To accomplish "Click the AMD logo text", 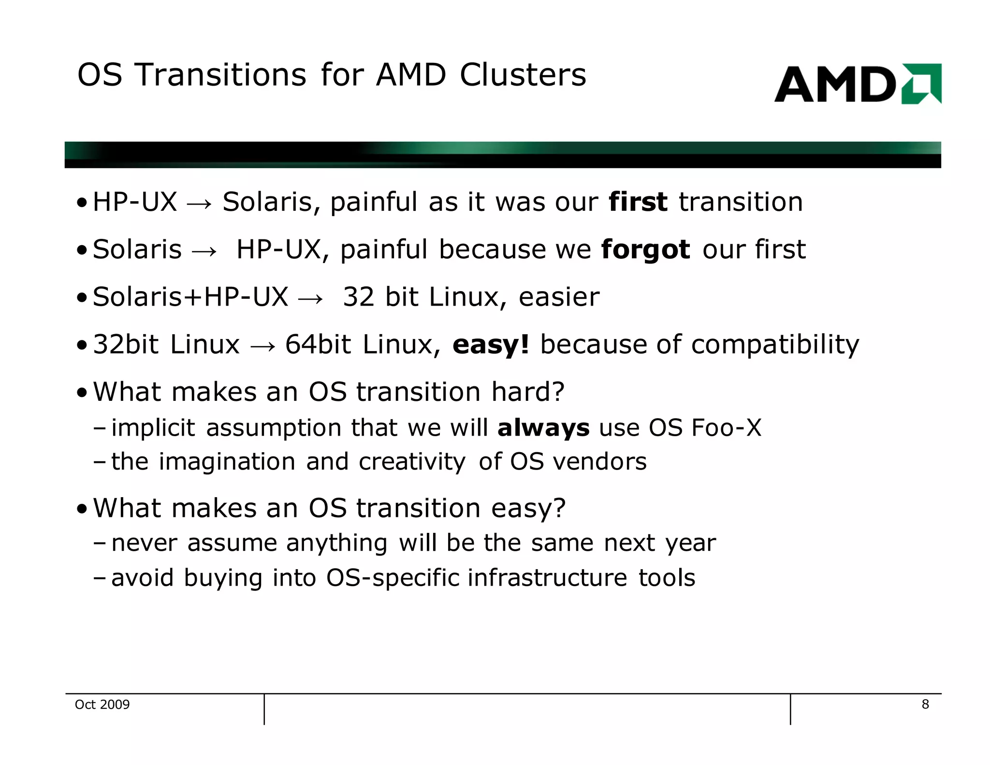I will click(x=835, y=85).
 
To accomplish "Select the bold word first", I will click(x=638, y=202).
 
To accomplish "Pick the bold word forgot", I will click(x=645, y=250).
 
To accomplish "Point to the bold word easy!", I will click(x=491, y=344).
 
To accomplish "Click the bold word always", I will click(x=543, y=428).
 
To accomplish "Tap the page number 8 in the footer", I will click(x=925, y=704).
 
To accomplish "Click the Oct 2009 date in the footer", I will click(x=102, y=705).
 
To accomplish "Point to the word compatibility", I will click(x=775, y=345).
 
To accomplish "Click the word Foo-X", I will click(x=726, y=428).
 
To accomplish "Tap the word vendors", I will click(x=600, y=461).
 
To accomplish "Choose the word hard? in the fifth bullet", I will click(x=528, y=392).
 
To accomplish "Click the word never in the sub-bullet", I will click(x=144, y=543).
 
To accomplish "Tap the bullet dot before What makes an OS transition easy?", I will click(x=82, y=509).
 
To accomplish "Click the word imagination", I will click(x=227, y=461).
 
